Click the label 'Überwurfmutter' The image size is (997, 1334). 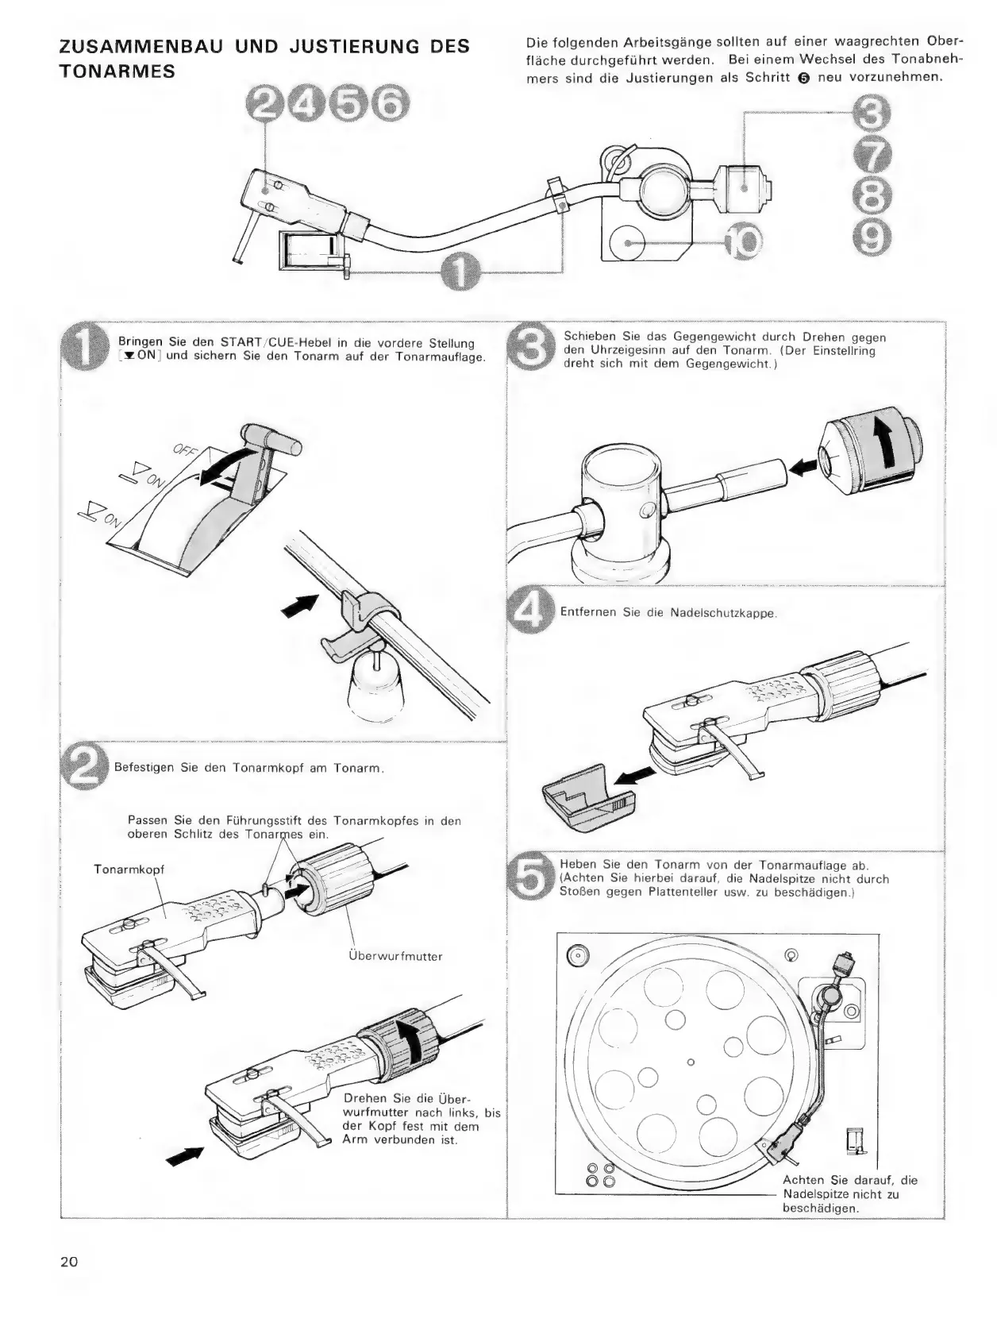[x=395, y=956]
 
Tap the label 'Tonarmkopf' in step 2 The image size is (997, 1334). [x=129, y=869]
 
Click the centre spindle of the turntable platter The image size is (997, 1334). [x=690, y=1062]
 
